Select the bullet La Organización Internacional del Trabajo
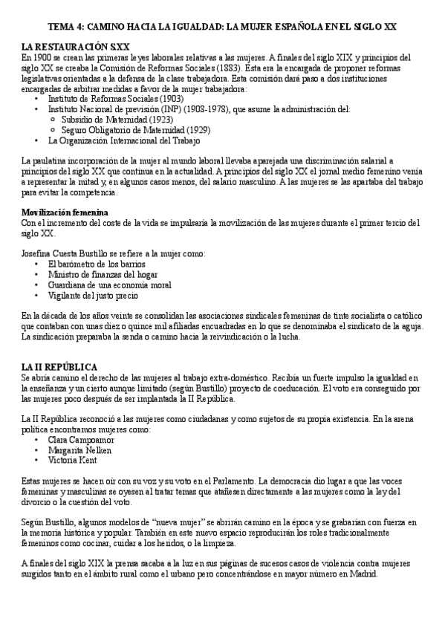pos(124,140)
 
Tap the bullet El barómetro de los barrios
pos(97,264)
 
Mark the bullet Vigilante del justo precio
pos(93,295)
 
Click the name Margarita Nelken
pos(79,449)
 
